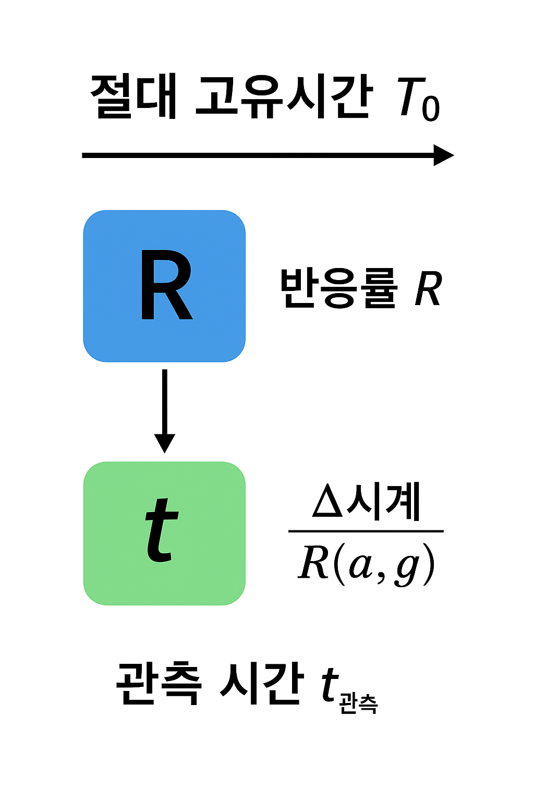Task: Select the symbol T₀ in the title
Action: (418, 99)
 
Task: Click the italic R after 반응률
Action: (428, 289)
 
